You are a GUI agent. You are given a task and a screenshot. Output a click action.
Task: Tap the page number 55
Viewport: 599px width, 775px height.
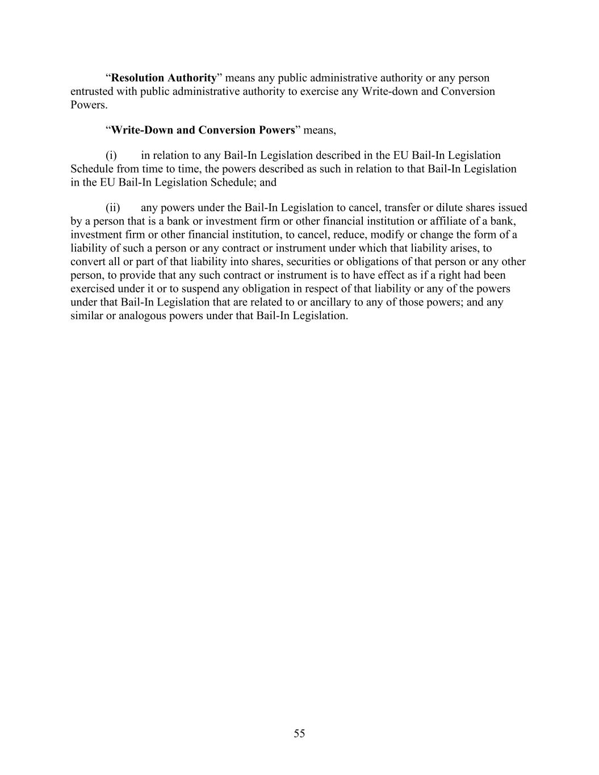(x=299, y=734)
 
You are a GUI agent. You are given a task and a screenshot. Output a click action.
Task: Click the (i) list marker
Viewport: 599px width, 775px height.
(x=111, y=156)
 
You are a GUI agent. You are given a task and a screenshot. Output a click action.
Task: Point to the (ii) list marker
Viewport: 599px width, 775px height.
(x=112, y=208)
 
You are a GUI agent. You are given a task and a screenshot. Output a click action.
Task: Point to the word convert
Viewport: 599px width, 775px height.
(x=88, y=262)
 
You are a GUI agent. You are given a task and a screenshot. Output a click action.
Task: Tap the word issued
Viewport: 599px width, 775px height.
(x=513, y=208)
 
